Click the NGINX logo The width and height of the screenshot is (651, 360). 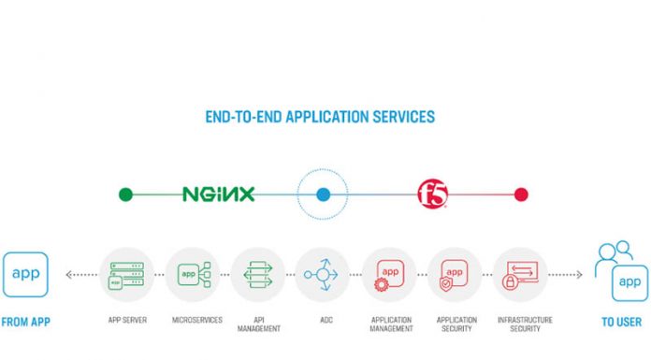[218, 194]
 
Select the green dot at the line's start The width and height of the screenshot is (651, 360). [125, 194]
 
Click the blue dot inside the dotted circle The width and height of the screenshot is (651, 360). [323, 194]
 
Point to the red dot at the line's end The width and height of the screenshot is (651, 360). [521, 194]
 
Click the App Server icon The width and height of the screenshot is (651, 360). [127, 275]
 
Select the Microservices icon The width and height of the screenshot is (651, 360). [193, 275]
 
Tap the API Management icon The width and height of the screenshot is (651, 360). [257, 275]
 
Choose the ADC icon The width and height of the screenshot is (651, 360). [323, 275]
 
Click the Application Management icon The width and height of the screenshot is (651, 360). [388, 275]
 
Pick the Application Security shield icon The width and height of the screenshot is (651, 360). [455, 275]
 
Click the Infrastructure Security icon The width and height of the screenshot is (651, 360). [520, 275]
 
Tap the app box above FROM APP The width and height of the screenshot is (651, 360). [25, 275]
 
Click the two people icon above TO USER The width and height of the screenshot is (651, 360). [613, 255]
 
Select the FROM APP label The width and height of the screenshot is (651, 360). [25, 322]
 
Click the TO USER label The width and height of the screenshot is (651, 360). [620, 322]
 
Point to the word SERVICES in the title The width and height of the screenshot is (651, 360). [400, 118]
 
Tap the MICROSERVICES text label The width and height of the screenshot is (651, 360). [193, 320]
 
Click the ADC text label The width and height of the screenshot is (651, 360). [323, 320]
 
